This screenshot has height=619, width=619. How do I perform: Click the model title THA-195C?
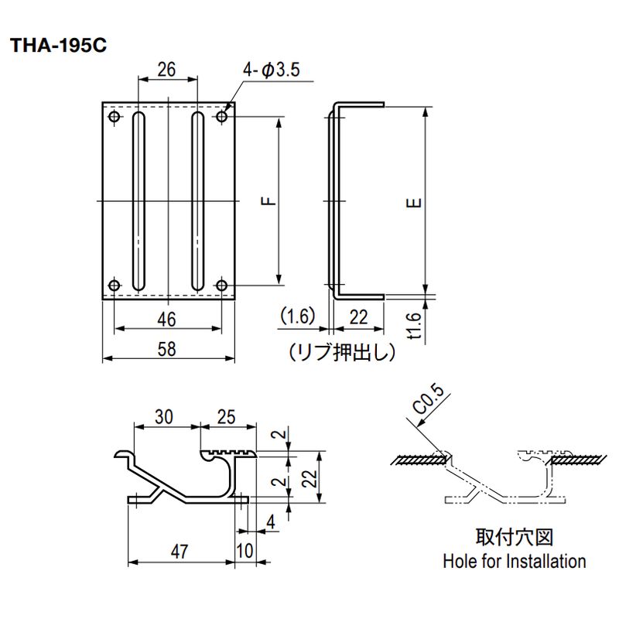(59, 46)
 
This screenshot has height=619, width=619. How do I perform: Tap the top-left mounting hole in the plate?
(115, 117)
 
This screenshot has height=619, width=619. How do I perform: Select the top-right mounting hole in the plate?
(222, 117)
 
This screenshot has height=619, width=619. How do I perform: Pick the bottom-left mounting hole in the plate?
(115, 285)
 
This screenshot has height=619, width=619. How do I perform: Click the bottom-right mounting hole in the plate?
(222, 285)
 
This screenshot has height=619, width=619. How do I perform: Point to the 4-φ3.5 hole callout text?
(272, 70)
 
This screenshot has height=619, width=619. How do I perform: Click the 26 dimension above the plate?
(166, 70)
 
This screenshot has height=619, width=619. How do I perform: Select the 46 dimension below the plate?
(166, 319)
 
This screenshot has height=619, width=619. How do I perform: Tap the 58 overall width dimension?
(166, 350)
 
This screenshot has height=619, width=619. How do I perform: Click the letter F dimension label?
(268, 201)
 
